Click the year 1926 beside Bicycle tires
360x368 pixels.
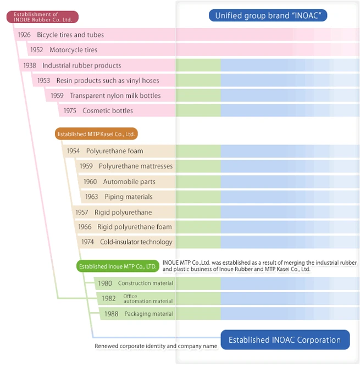[x=24, y=35]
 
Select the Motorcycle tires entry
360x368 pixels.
[x=73, y=50]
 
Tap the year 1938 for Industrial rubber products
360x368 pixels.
[x=30, y=65]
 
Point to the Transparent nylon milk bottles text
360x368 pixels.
[x=115, y=96]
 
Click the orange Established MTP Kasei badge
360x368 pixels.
[x=96, y=134]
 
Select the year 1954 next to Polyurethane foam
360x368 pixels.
[x=74, y=151]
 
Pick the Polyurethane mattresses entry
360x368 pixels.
[x=135, y=166]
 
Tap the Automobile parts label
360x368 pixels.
[x=129, y=182]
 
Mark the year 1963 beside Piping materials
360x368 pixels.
[x=92, y=197]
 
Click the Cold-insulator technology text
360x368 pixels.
[x=136, y=242]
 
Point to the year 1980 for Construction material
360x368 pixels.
[x=104, y=283]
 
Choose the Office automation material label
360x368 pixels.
[x=148, y=298]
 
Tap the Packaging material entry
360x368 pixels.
[x=148, y=314]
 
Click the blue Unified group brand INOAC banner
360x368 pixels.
[x=268, y=15]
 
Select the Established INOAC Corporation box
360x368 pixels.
[x=285, y=340]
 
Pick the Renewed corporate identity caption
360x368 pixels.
[x=156, y=346]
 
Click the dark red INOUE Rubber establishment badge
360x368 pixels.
[x=42, y=17]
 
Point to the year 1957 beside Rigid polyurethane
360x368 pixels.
[x=82, y=213]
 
